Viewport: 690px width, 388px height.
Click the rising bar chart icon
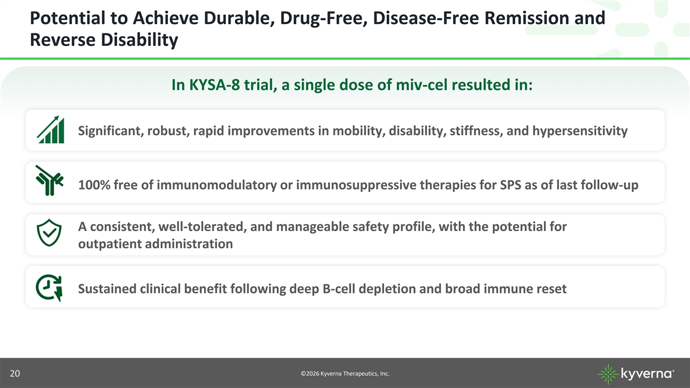point(51,130)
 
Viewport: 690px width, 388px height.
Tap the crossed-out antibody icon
point(49,180)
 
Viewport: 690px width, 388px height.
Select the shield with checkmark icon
point(49,233)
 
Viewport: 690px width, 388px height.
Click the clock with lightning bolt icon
point(49,287)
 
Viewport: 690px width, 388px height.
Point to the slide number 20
point(15,374)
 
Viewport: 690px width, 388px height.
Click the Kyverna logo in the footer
point(636,374)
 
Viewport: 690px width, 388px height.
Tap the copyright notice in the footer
point(345,374)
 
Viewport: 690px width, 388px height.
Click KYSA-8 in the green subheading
point(214,84)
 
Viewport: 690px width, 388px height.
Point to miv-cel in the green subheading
point(421,84)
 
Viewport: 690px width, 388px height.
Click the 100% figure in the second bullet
point(94,185)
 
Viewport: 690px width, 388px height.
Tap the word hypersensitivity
point(580,131)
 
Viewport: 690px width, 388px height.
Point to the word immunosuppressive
point(356,185)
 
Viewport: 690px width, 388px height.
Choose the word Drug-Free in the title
point(323,18)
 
